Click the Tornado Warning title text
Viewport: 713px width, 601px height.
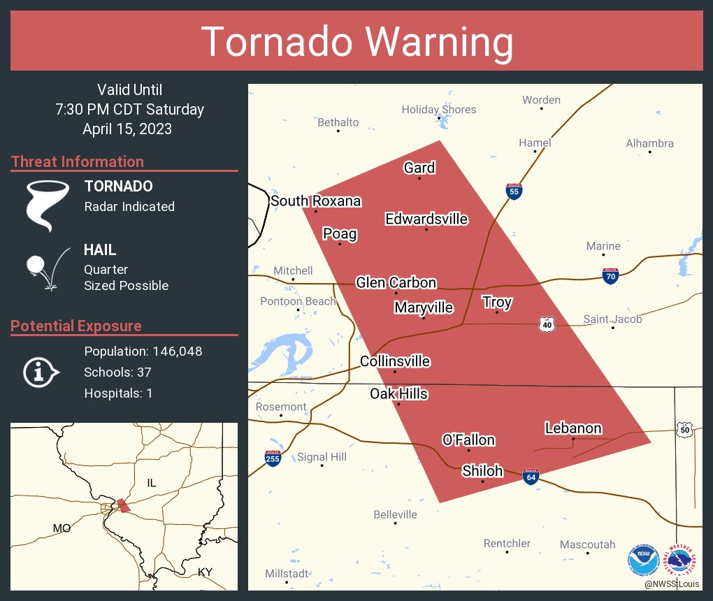point(357,42)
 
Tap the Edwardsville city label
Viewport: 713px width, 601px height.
point(426,219)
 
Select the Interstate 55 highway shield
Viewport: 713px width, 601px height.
point(514,191)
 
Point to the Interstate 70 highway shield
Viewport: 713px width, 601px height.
point(610,275)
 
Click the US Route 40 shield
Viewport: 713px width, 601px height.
point(547,324)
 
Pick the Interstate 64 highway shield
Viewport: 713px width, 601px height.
point(531,477)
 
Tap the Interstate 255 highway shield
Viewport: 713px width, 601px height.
point(273,458)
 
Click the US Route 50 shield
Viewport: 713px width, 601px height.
point(685,429)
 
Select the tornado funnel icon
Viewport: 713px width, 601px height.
point(47,205)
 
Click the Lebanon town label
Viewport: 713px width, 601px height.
point(572,428)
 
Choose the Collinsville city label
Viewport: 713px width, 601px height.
point(395,361)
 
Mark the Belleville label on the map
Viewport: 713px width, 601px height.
point(395,514)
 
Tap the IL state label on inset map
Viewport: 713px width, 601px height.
point(151,483)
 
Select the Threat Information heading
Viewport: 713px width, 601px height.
point(78,161)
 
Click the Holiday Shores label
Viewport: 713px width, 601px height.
point(438,109)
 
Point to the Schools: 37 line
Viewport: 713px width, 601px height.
point(117,372)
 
